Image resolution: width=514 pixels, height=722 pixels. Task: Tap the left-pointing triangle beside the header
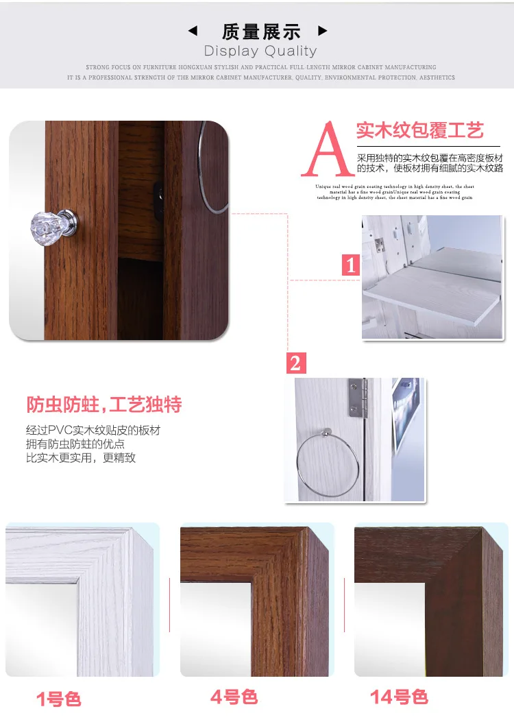point(193,31)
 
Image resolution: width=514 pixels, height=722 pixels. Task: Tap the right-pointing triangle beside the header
point(323,31)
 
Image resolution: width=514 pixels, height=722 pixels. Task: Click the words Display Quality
point(260,51)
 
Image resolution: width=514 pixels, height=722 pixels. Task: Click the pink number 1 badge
point(351,265)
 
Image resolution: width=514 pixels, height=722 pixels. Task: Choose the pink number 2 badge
point(295,363)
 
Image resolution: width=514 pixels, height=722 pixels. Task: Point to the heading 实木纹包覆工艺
point(419,130)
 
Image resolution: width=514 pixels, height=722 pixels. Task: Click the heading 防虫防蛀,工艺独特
point(103,405)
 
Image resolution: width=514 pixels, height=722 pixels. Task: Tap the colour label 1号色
point(59,699)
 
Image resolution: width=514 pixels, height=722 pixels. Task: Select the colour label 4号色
point(234,697)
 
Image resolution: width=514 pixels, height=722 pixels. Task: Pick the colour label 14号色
point(399,697)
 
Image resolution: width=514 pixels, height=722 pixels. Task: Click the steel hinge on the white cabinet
point(356,399)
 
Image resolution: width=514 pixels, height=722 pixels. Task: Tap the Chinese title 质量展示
point(261,31)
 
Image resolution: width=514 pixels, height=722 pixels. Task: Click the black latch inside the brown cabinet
point(158,201)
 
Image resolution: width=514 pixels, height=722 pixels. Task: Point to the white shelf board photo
point(432,278)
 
